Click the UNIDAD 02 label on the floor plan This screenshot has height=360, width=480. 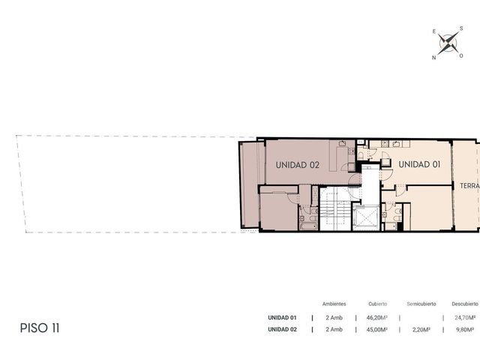(x=297, y=165)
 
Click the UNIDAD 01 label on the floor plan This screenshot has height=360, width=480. (x=419, y=164)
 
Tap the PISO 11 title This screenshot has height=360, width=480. (x=40, y=328)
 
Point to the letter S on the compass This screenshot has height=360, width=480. (x=461, y=28)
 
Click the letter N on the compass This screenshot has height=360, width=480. (x=433, y=58)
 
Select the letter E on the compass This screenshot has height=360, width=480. (x=434, y=31)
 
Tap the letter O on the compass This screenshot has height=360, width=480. (x=461, y=55)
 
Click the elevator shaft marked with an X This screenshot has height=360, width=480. (x=366, y=217)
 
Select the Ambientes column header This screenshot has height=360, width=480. (x=334, y=304)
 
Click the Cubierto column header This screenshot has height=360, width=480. (x=378, y=304)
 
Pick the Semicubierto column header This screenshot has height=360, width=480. (x=421, y=304)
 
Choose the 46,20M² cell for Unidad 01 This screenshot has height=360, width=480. (x=377, y=318)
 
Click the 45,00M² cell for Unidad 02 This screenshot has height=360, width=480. (x=377, y=329)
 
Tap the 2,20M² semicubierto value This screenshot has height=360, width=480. (x=421, y=329)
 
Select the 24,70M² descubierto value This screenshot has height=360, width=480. (x=465, y=318)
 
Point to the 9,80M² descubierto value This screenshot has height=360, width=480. (x=465, y=329)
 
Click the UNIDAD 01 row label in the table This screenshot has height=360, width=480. (x=282, y=318)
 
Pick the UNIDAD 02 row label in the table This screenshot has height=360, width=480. (x=282, y=329)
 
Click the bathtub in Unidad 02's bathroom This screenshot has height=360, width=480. (x=308, y=226)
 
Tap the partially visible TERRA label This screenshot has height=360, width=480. (x=469, y=186)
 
